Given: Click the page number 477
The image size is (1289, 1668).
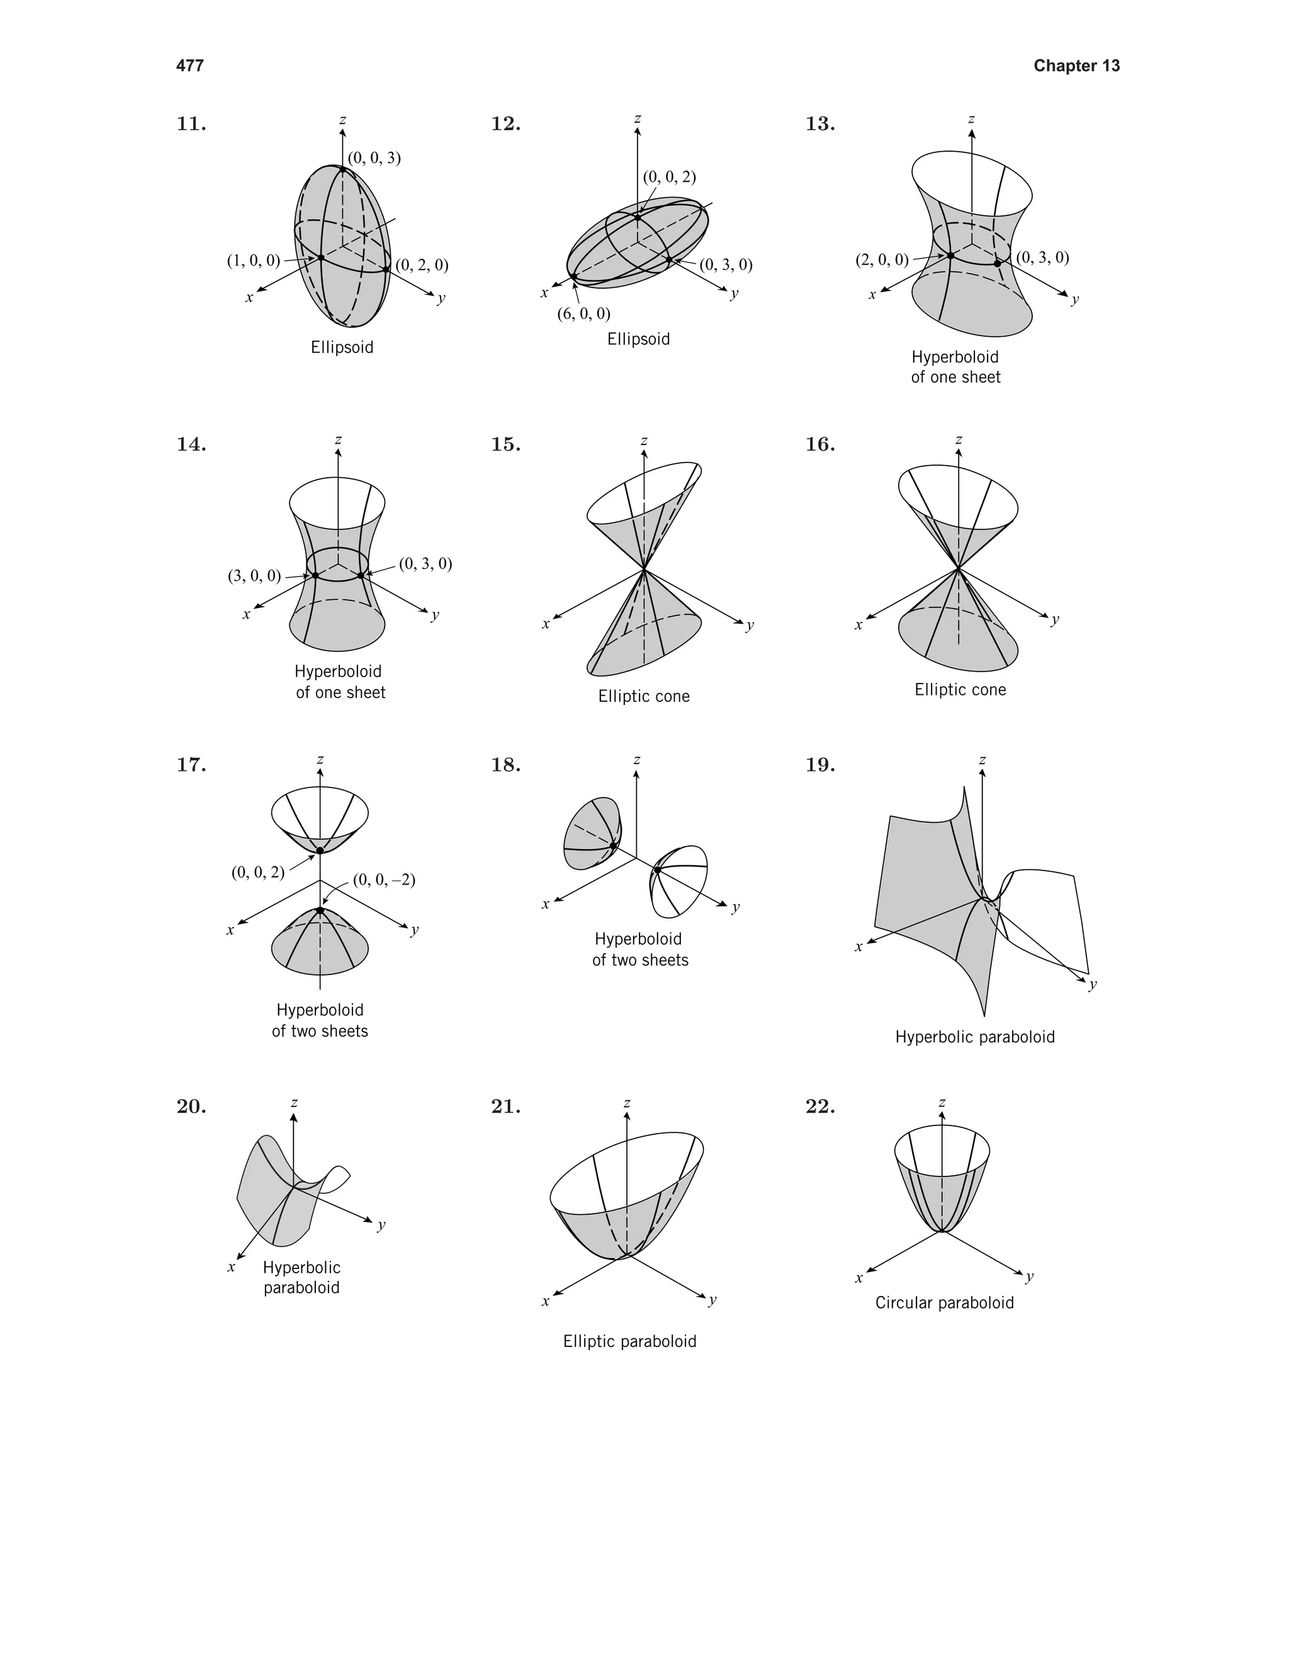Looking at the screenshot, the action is (x=189, y=65).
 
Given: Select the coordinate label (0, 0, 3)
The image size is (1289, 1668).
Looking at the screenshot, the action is (x=374, y=158).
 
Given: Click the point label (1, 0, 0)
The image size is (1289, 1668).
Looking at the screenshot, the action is (x=254, y=261).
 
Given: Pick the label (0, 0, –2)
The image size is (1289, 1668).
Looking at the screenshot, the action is (x=384, y=880).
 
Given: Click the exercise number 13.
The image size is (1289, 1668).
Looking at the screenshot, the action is (x=820, y=124).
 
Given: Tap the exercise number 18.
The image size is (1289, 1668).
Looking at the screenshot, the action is (x=505, y=765).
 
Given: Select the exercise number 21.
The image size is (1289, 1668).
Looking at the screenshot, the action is (x=505, y=1107).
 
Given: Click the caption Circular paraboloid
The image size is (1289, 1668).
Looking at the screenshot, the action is (x=944, y=1303).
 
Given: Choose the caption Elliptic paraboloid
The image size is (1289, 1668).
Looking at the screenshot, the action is (x=629, y=1342).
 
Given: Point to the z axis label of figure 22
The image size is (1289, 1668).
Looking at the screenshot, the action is (x=942, y=1103).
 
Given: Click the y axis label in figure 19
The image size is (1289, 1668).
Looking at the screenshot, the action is (x=1093, y=984).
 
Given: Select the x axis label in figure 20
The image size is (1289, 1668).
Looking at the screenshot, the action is (x=230, y=1267).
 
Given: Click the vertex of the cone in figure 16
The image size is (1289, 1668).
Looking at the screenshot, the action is (x=957, y=569).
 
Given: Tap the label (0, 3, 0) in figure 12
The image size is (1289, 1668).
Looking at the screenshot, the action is (x=726, y=265).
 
